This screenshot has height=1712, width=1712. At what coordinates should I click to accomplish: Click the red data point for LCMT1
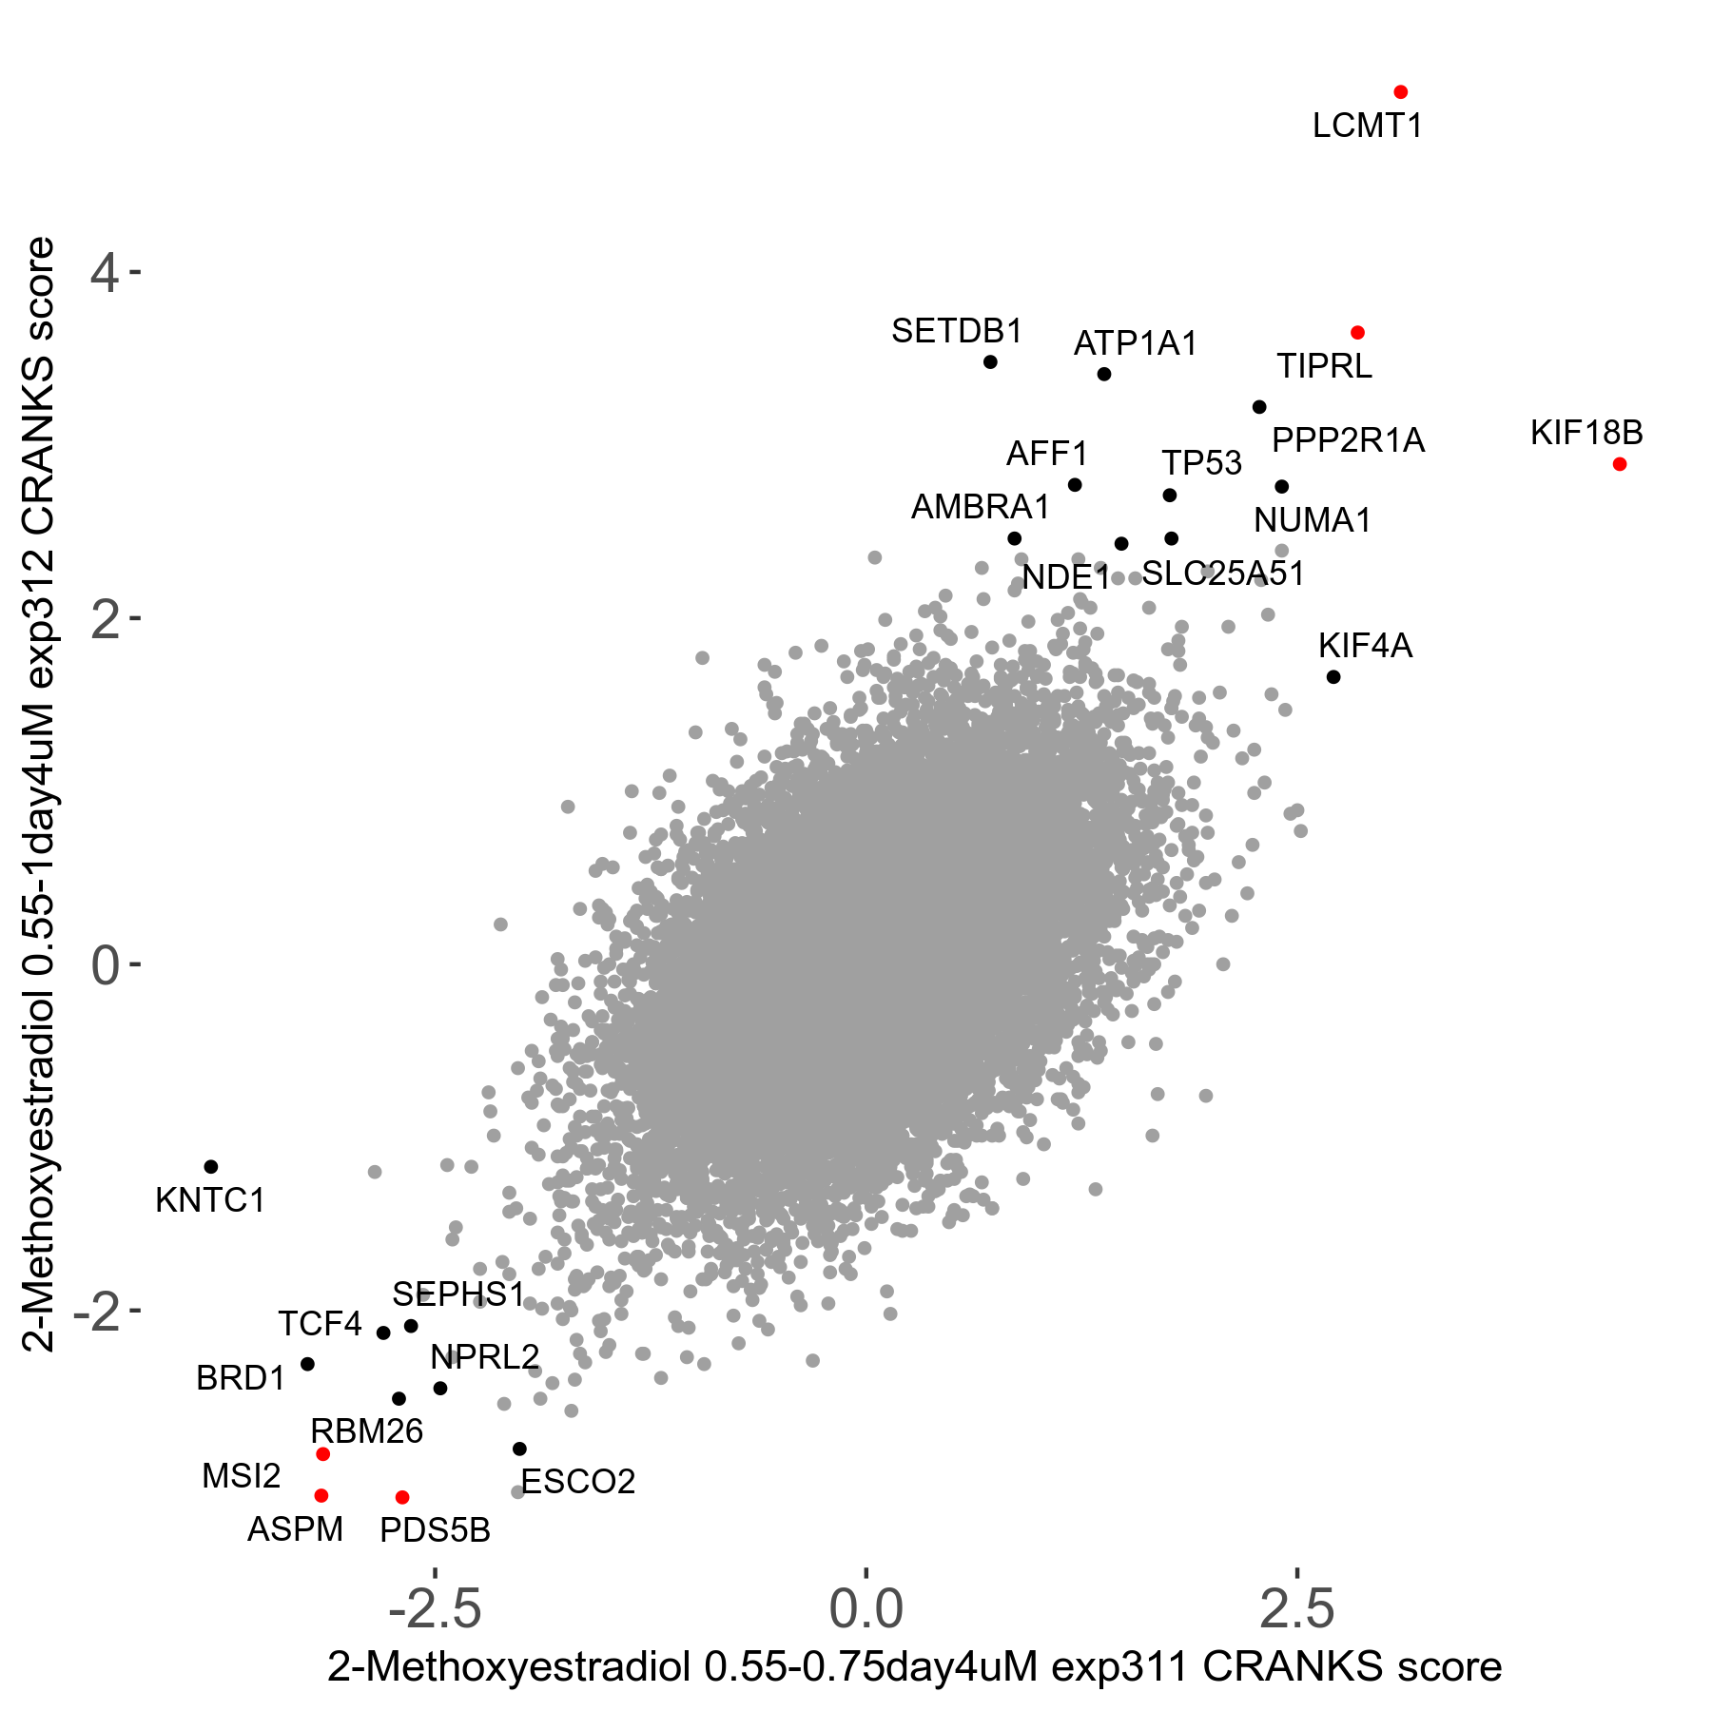1400,92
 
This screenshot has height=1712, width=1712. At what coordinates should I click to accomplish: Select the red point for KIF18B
1620,464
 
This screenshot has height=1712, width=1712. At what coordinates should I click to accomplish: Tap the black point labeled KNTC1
211,1167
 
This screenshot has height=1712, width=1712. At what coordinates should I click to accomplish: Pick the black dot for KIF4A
1333,677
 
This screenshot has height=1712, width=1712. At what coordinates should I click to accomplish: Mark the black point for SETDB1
990,361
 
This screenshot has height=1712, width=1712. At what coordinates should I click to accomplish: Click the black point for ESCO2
519,1449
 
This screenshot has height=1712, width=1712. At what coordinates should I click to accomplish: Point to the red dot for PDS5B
402,1497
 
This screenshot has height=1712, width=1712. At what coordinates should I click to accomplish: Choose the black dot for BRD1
307,1364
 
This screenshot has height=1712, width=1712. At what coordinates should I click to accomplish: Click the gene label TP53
1201,463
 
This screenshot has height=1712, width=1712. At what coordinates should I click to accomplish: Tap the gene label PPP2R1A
1348,440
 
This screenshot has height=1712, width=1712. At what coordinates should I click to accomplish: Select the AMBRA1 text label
980,507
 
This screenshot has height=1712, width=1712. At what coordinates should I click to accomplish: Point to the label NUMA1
1312,520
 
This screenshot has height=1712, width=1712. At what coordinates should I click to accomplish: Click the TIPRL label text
1324,366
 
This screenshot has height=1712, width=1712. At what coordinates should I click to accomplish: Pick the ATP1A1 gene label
1135,343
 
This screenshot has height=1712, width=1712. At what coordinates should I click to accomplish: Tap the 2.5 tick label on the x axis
1297,1608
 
